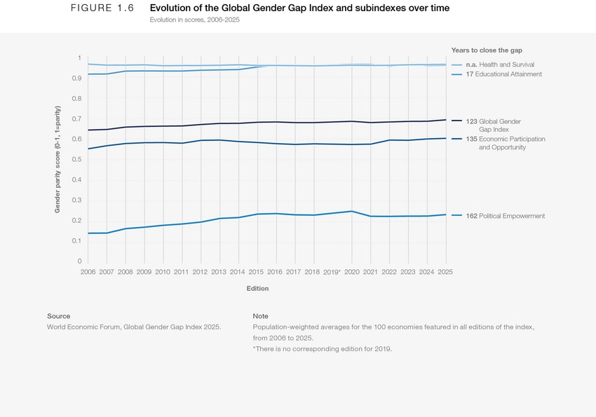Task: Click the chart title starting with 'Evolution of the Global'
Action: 299,8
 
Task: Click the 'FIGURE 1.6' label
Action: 102,8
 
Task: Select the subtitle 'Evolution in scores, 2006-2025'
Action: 194,20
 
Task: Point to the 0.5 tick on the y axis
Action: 76,160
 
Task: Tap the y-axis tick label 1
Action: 79,58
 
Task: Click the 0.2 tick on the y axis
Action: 76,221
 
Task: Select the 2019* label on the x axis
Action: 331,272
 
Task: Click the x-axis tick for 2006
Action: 88,272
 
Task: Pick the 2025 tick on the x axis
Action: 445,272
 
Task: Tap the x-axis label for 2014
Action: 237,272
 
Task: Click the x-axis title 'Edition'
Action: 257,288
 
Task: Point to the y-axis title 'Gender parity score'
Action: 57,159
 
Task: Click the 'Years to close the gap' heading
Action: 487,50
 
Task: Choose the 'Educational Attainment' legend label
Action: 508,74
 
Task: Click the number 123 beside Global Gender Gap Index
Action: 471,121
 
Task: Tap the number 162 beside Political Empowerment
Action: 471,216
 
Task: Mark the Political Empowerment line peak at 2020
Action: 351,211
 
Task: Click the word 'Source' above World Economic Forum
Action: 58,316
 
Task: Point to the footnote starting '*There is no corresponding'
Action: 322,348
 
